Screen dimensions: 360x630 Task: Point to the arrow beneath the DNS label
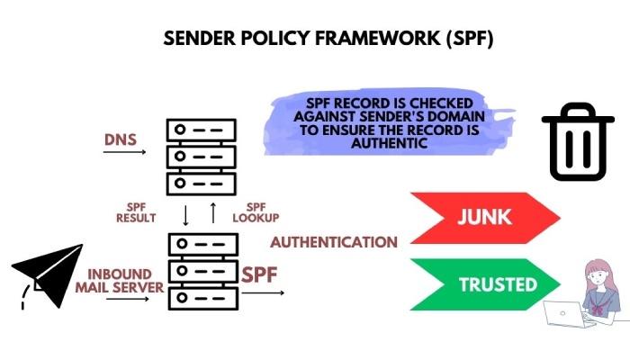[x=124, y=152]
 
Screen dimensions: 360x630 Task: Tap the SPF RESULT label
[x=136, y=212]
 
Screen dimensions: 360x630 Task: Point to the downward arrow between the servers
[x=186, y=214]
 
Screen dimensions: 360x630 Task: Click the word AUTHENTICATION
[x=334, y=242]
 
